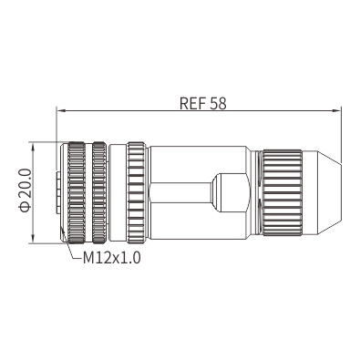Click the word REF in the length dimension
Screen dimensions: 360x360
pyautogui.click(x=192, y=103)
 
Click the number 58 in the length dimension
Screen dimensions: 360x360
pyautogui.click(x=218, y=103)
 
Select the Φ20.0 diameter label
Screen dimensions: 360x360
pyautogui.click(x=25, y=190)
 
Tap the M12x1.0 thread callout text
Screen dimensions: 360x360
pyautogui.click(x=112, y=258)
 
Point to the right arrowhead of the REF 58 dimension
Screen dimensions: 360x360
pyautogui.click(x=336, y=110)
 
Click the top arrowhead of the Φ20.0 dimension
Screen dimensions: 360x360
pyautogui.click(x=33, y=147)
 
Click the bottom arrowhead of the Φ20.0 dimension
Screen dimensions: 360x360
pyautogui.click(x=33, y=238)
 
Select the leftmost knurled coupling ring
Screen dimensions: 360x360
pyautogui.click(x=77, y=192)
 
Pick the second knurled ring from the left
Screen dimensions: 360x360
pyautogui.click(x=99, y=192)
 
